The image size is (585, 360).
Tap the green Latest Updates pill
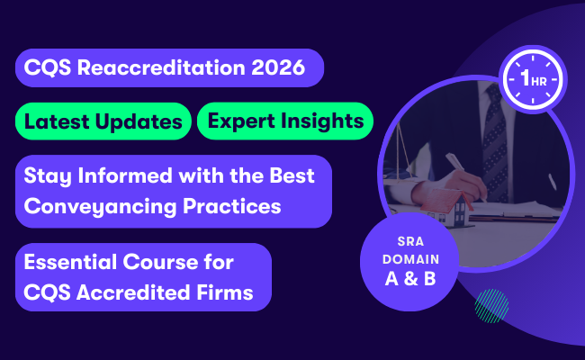[x=104, y=121]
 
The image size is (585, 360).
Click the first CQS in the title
[x=46, y=68]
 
